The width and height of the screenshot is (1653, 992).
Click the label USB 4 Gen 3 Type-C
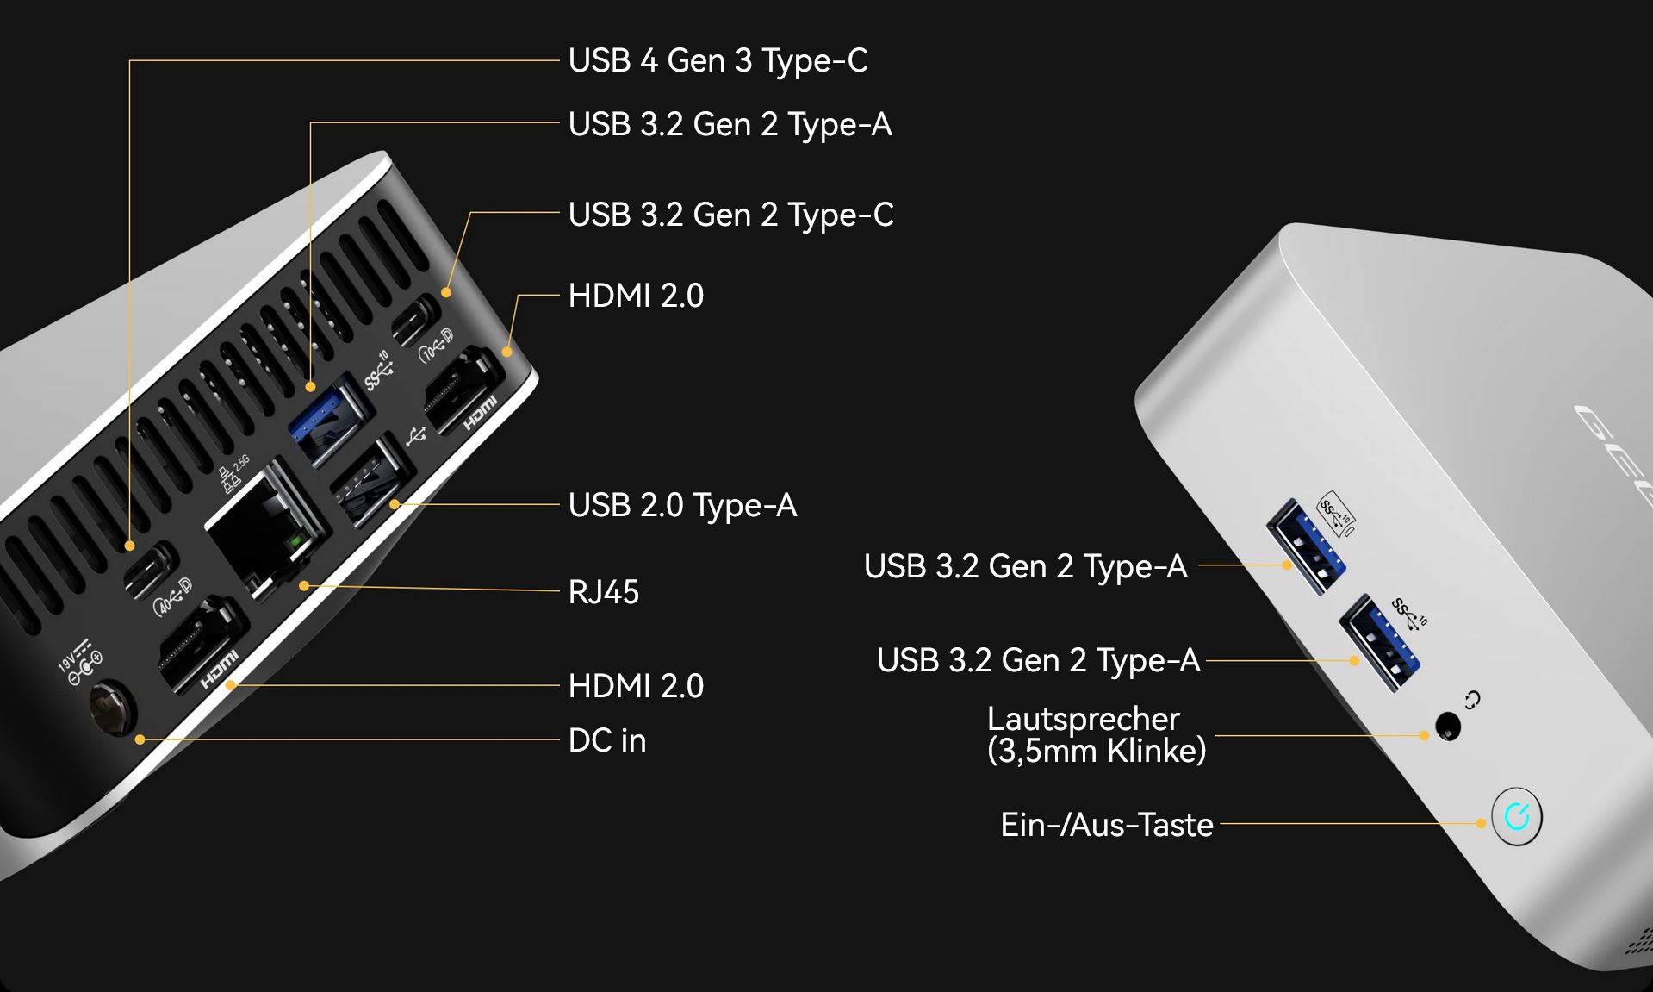click(x=718, y=61)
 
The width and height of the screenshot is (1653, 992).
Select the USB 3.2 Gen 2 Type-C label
click(x=730, y=215)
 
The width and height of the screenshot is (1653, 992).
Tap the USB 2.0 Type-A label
click(x=682, y=506)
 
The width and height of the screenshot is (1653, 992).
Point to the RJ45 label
click(x=603, y=593)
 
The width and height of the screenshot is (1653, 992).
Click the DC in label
click(x=607, y=741)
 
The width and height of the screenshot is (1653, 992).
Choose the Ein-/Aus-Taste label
click(x=1107, y=826)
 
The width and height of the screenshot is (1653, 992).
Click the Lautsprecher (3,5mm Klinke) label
click(x=1096, y=735)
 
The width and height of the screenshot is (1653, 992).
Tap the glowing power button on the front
click(x=1516, y=816)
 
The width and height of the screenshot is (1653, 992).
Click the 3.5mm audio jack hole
click(x=1450, y=727)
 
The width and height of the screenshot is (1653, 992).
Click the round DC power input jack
click(x=113, y=709)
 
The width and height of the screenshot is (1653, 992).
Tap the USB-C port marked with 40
click(x=151, y=570)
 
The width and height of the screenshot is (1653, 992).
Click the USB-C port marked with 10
click(x=415, y=320)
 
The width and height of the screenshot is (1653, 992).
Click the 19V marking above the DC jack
click(x=67, y=663)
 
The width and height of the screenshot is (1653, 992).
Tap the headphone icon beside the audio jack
click(x=1473, y=700)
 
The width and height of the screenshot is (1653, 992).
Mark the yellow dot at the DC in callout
click(x=140, y=739)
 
